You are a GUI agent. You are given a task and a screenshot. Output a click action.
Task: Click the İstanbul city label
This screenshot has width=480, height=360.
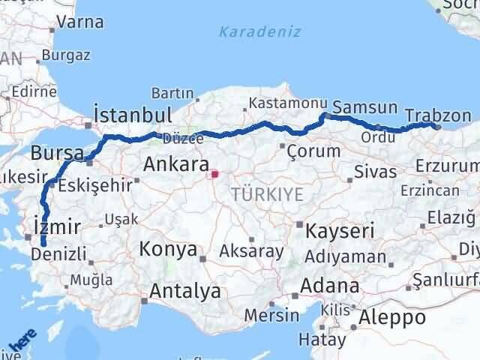tap(133, 115)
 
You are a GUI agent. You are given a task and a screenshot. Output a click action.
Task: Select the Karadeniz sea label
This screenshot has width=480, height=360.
tap(259, 31)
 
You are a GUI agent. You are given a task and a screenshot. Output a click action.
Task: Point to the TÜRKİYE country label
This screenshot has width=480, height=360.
tap(268, 194)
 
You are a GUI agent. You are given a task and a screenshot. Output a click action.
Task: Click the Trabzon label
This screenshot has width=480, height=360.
tap(438, 116)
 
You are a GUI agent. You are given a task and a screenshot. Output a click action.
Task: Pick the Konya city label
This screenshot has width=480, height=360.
tap(168, 249)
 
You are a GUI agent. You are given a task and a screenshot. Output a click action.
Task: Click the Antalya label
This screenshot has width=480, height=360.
tap(185, 291)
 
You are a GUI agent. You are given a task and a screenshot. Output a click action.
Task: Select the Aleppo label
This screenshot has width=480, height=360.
tap(392, 317)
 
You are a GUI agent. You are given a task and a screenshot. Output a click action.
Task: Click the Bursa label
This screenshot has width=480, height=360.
tap(57, 153)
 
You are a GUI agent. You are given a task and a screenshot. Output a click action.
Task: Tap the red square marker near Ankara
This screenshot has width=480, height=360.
tap(214, 175)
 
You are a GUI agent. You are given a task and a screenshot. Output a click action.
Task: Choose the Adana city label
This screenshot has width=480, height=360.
tap(330, 286)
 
